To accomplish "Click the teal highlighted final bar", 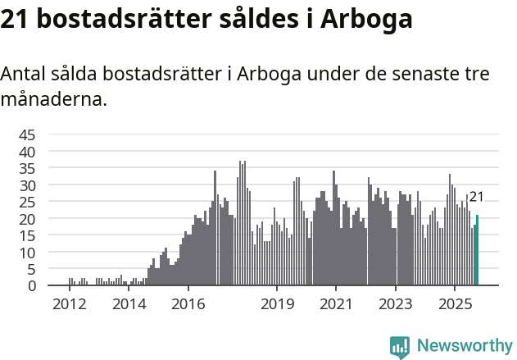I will tap(477, 250).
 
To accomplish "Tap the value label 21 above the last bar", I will tap(476, 197).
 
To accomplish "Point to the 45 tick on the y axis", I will tap(28, 135).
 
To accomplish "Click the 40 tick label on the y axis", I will tap(28, 152).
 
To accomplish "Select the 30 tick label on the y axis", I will tap(28, 185).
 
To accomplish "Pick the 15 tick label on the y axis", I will tap(28, 235).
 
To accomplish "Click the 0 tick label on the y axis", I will tap(32, 285).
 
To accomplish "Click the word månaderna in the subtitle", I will tap(53, 101).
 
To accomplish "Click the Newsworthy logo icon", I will tap(400, 347).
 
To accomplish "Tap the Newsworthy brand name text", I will tap(465, 346).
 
